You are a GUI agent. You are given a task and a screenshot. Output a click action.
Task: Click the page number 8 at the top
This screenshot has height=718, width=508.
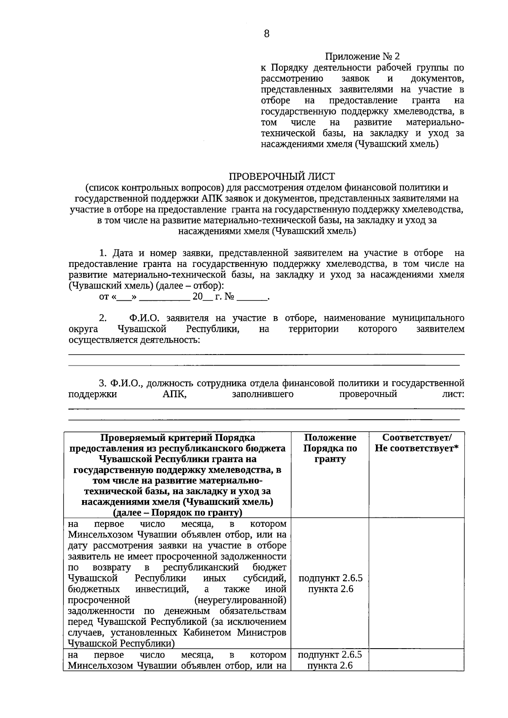(266, 34)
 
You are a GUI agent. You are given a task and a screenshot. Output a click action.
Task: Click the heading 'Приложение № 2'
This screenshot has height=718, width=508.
(362, 56)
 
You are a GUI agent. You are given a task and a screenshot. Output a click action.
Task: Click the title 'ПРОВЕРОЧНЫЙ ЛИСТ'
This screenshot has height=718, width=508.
(282, 176)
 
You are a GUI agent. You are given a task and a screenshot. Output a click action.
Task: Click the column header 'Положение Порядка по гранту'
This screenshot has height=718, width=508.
(330, 448)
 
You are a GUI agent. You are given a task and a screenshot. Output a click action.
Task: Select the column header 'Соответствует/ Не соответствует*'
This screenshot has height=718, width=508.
(417, 443)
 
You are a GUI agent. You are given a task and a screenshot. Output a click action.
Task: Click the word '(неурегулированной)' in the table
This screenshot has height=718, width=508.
(240, 600)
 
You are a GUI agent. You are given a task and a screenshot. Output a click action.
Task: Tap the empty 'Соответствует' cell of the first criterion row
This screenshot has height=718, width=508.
(417, 584)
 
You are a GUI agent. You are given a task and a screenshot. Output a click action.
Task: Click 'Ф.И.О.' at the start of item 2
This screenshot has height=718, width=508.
(144, 318)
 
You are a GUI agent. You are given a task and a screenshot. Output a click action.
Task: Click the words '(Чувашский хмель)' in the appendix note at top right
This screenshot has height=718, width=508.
(396, 144)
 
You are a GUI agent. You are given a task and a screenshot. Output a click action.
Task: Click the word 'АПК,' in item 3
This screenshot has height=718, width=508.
(174, 394)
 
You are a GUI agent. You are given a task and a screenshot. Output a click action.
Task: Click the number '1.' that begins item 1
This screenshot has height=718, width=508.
(103, 253)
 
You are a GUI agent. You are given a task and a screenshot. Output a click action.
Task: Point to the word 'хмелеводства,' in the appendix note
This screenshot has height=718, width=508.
(423, 111)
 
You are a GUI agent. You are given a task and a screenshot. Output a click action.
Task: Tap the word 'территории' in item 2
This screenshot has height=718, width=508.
(313, 329)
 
